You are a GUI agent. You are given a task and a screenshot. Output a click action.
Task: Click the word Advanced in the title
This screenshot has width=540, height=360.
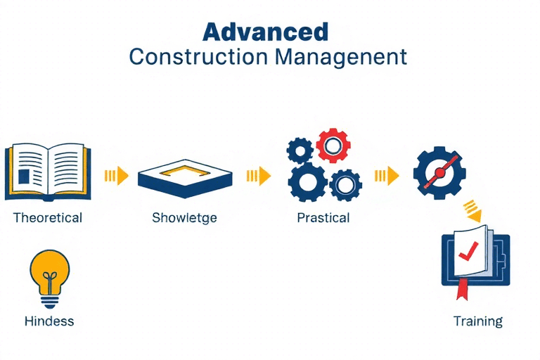pos(265,32)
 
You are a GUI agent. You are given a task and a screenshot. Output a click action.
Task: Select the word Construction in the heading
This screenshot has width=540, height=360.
pos(198,57)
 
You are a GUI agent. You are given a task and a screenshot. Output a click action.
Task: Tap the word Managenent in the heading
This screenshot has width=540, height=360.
pos(341,58)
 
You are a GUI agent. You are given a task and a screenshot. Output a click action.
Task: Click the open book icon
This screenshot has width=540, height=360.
pos(48,172)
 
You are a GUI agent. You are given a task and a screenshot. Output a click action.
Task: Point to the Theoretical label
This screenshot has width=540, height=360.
pos(48,218)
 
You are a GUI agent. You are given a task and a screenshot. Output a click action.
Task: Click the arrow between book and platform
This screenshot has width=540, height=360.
pos(117,176)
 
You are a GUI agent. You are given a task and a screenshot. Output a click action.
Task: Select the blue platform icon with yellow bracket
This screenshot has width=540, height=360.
pos(185,178)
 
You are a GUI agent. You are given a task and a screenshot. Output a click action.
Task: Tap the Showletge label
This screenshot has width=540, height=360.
pos(184,218)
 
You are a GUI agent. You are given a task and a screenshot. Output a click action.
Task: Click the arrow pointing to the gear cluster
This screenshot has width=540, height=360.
pos(259,176)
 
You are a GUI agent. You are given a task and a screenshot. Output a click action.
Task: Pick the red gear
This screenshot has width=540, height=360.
pos(333,146)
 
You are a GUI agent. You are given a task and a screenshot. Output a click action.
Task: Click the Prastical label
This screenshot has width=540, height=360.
pos(323,218)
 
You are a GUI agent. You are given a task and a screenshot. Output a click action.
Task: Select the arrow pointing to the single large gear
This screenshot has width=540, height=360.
pos(387,176)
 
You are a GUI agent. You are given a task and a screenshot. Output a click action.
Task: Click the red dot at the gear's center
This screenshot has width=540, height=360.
pos(439,172)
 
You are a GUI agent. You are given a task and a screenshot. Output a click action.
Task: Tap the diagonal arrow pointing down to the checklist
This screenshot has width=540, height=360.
pos(472,211)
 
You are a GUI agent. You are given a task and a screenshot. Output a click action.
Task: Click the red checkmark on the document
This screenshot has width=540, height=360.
pos(468,251)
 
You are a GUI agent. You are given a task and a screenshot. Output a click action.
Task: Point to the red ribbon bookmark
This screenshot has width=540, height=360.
pos(462,290)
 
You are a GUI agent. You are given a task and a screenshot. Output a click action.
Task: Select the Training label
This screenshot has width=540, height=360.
pos(477,321)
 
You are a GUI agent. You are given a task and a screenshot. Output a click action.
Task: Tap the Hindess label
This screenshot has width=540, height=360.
pos(49,321)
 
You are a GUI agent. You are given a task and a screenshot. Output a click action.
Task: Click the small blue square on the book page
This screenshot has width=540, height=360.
pos(24,176)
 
